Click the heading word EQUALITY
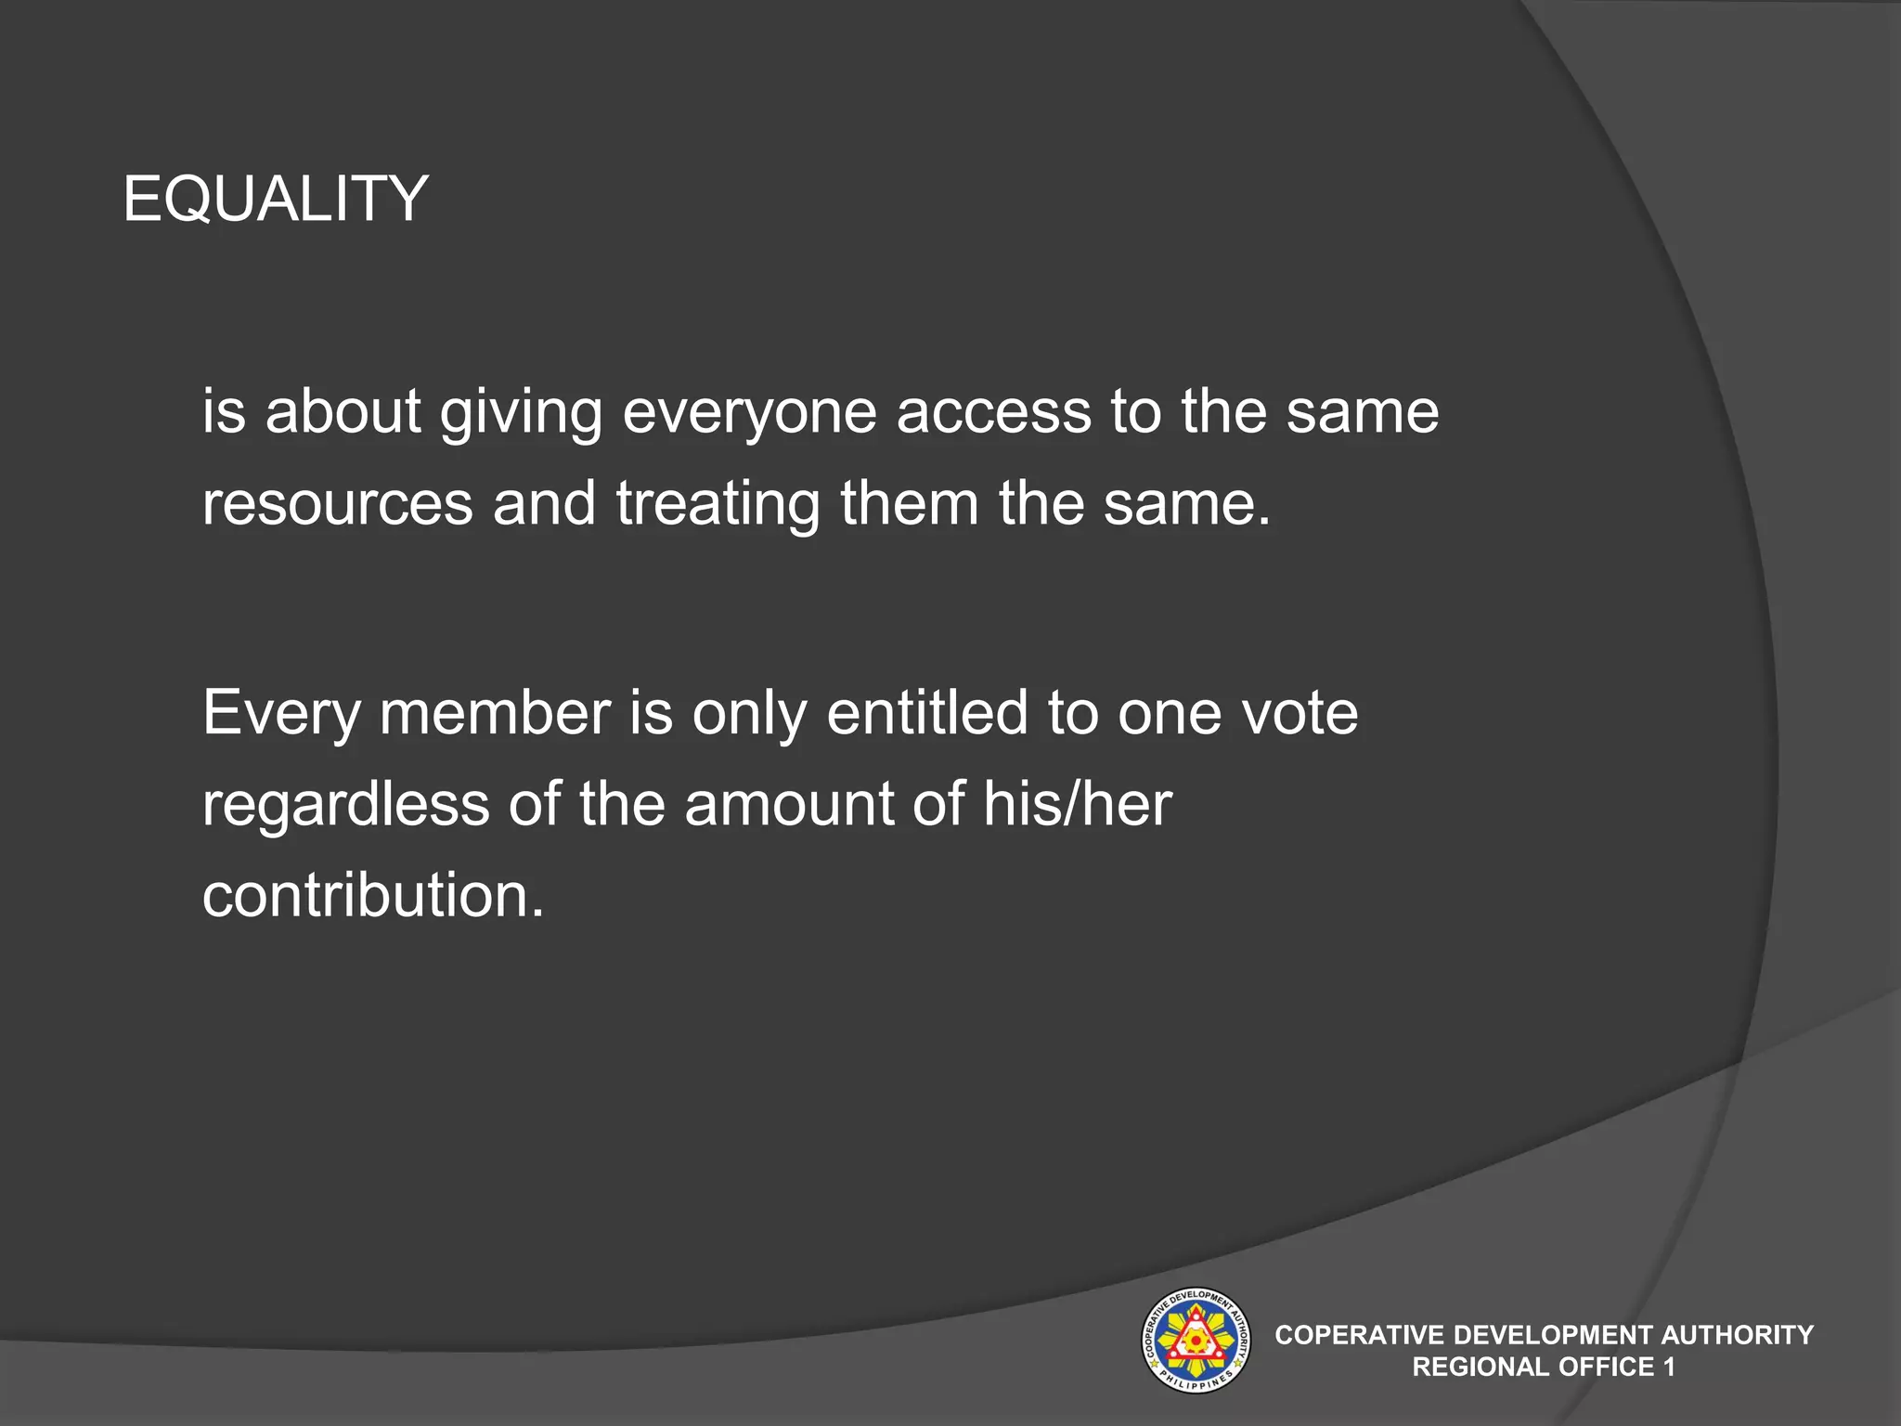click(275, 199)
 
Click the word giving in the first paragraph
click(520, 412)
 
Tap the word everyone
click(749, 412)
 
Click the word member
click(495, 713)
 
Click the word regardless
click(345, 804)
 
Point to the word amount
click(788, 804)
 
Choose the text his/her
click(1077, 804)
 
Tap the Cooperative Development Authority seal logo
click(1195, 1340)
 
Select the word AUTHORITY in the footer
click(1736, 1335)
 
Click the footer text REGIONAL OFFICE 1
click(1544, 1367)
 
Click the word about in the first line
click(343, 412)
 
